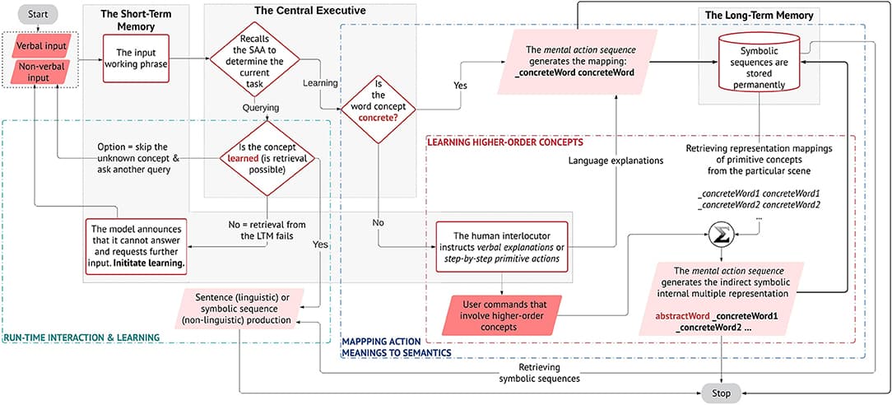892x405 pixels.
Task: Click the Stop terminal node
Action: (x=721, y=393)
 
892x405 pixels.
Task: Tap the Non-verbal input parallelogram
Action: (x=36, y=72)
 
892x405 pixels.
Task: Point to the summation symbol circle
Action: (x=722, y=236)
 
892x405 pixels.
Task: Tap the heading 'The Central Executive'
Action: (x=309, y=12)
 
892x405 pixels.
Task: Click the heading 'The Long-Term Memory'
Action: (x=760, y=16)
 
